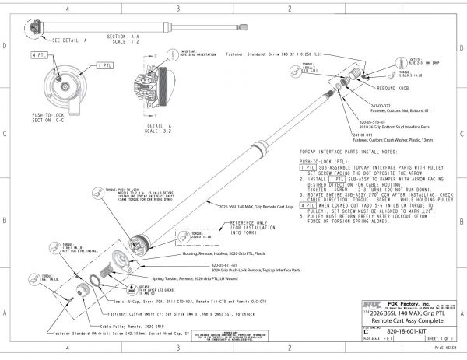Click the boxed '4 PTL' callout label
[x=40, y=56]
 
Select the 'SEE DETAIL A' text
[x=72, y=38]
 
